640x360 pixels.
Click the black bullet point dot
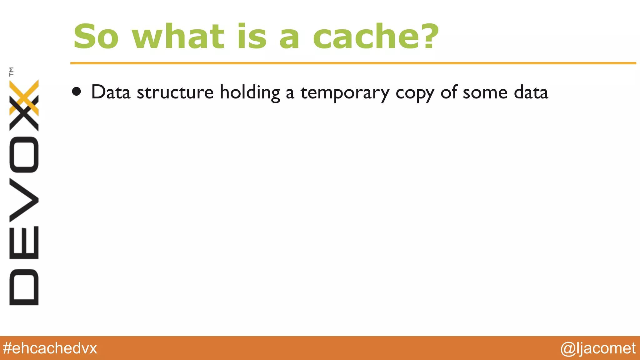(x=76, y=92)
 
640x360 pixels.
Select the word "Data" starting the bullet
(x=111, y=92)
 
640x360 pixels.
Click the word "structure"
(x=175, y=92)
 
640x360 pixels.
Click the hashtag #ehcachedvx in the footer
(x=50, y=348)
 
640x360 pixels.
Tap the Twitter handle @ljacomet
(x=598, y=348)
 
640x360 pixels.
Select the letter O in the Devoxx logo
(x=24, y=154)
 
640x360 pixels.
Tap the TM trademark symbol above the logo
(x=12, y=72)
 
